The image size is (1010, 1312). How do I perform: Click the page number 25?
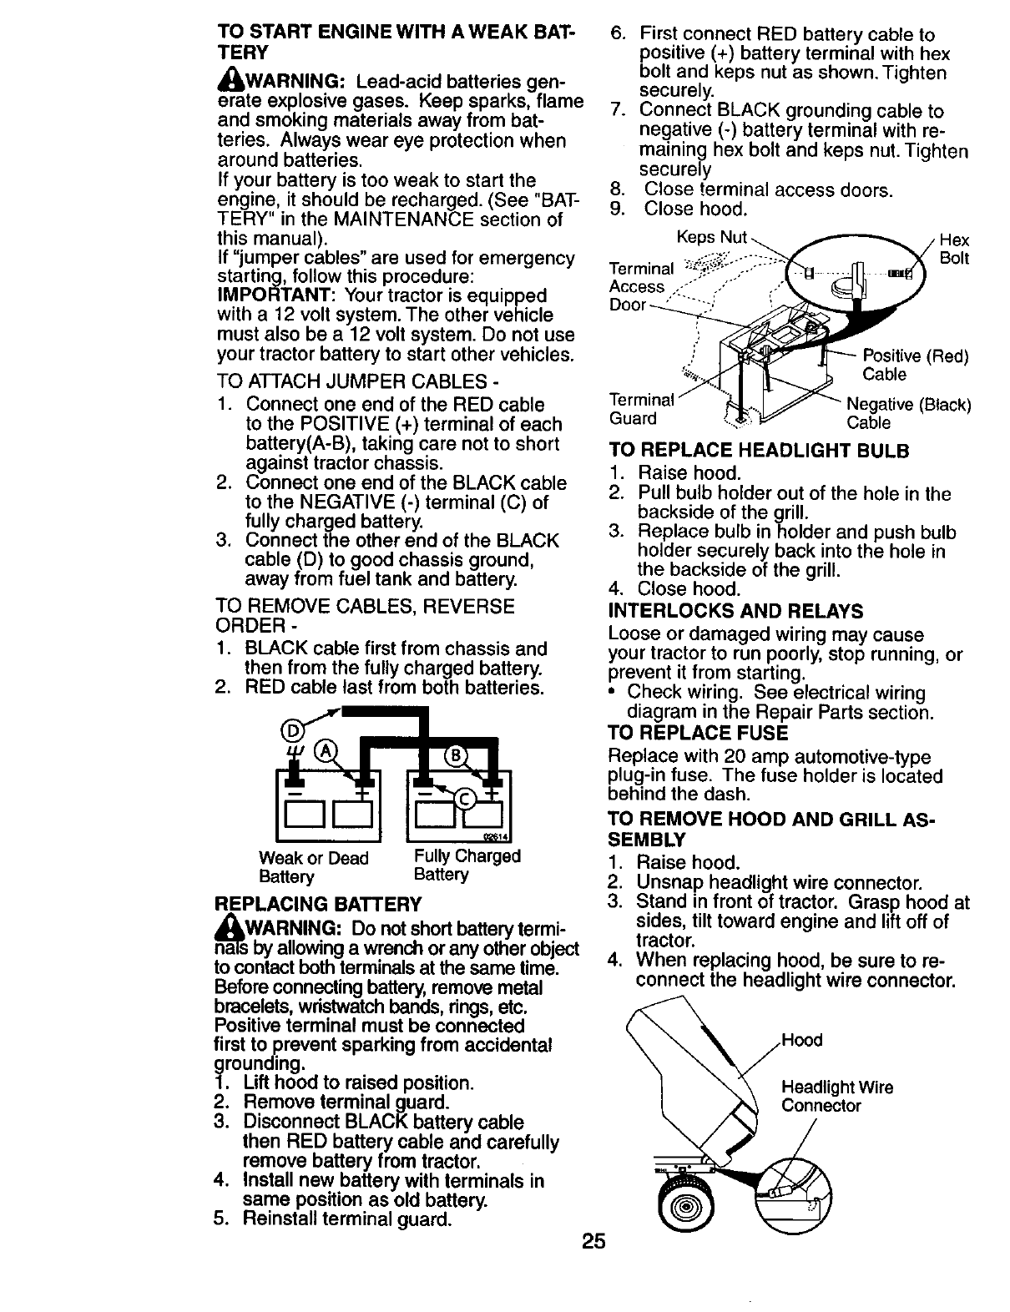pos(593,1242)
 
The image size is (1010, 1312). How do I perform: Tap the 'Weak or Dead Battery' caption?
pos(313,867)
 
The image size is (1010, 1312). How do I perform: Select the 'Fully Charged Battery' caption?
pos(467,865)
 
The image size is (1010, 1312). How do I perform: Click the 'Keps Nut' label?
pos(711,237)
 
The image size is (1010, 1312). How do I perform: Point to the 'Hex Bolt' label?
pos(953,249)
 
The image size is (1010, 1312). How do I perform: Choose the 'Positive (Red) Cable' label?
pos(915,365)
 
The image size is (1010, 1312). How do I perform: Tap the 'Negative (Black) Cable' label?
pos(908,413)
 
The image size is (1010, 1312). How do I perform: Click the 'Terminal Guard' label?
pos(641,409)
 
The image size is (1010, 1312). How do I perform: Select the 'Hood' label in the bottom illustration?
pos(802,1040)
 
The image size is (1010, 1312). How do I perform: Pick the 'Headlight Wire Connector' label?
pos(836,1097)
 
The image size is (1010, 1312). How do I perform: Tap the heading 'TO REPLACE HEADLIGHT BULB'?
pos(759,451)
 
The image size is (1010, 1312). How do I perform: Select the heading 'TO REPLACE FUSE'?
pos(698,733)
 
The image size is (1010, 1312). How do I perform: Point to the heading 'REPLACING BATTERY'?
pos(318,903)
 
